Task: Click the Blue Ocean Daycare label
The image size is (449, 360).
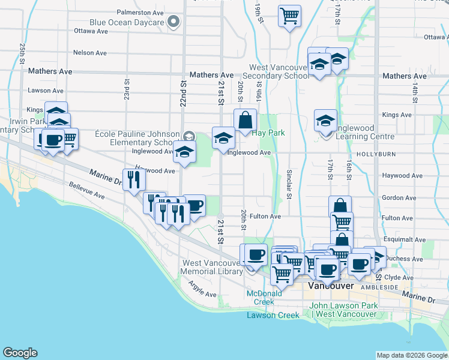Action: [127, 23]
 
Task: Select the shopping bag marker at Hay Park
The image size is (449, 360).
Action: [245, 121]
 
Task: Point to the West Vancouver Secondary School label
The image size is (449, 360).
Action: [280, 72]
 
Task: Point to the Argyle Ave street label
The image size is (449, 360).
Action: [202, 289]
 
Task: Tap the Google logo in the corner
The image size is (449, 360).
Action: [20, 353]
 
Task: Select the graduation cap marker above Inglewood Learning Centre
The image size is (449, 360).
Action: [325, 121]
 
